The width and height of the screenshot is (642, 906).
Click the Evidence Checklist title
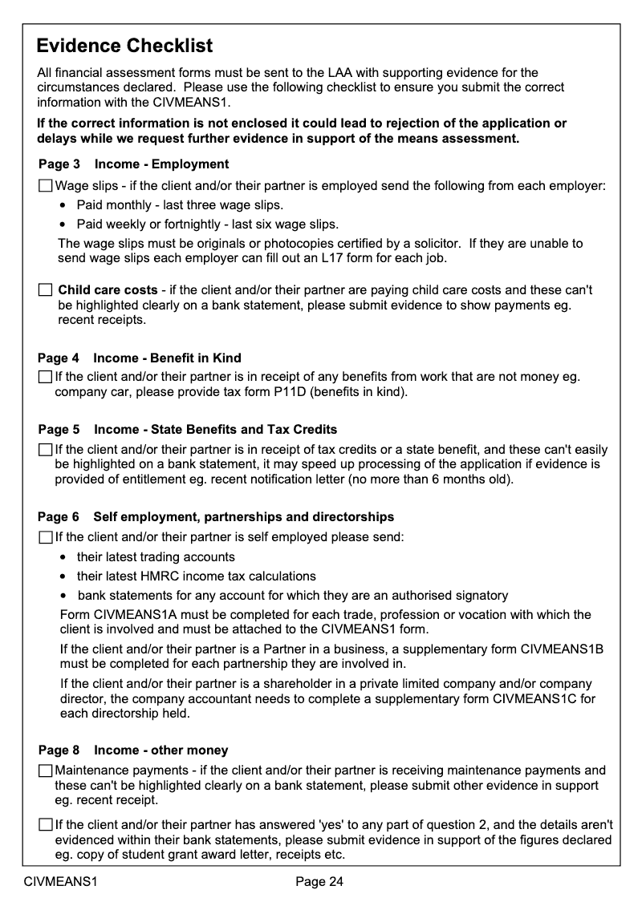pos(124,45)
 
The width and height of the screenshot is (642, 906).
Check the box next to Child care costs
pos(45,289)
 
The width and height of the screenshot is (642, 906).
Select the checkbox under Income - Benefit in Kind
pos(45,377)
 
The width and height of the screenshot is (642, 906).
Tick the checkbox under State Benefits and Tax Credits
pos(45,450)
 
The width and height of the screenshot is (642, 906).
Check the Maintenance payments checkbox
pos(45,771)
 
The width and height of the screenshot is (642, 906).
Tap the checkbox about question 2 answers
pos(45,824)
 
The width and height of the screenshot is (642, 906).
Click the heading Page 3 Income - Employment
pos(133,164)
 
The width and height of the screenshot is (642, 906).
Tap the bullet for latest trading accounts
pos(63,557)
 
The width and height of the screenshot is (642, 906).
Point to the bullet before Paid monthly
pos(63,205)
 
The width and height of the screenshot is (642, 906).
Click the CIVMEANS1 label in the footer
pos(60,882)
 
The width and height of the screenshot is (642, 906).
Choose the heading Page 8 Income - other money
pos(133,750)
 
